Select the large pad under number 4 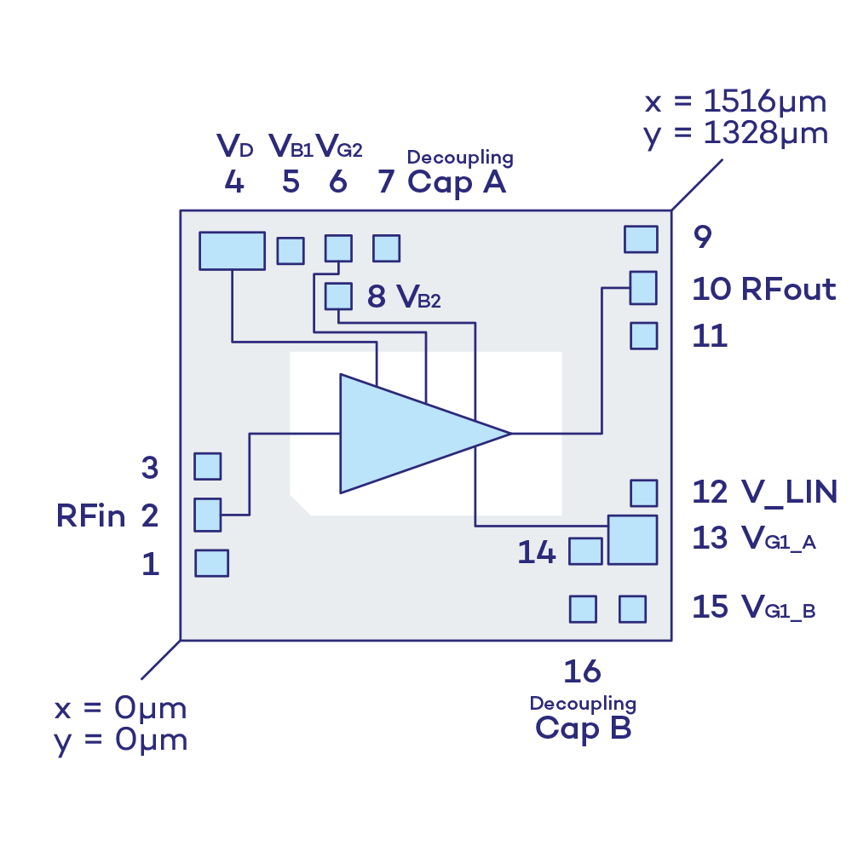(x=232, y=250)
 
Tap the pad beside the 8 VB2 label (x=338, y=296)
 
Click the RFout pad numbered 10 (x=643, y=288)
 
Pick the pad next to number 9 (x=641, y=239)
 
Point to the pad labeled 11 (x=643, y=336)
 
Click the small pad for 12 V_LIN (x=643, y=492)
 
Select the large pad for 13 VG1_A (x=632, y=539)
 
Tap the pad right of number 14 (x=585, y=551)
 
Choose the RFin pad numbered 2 (x=207, y=515)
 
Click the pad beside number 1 (x=211, y=563)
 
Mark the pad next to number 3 (x=207, y=466)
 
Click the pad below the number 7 (x=386, y=248)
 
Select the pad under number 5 (x=290, y=250)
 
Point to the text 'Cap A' (x=458, y=182)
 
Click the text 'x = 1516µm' (x=735, y=102)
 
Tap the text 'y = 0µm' (x=121, y=740)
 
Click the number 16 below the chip (x=582, y=671)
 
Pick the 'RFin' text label (x=91, y=515)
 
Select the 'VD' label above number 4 (x=235, y=147)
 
